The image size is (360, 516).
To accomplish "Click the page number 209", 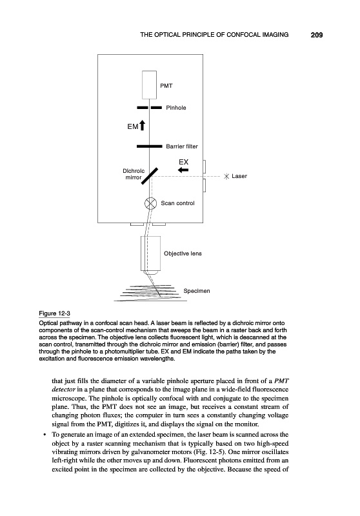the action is click(x=317, y=35).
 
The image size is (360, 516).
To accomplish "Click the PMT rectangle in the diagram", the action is click(x=150, y=85).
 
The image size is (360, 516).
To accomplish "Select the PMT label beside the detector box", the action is click(x=166, y=86).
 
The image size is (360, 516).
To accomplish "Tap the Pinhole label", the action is click(x=175, y=108).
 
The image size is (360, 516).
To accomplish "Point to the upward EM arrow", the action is click(x=142, y=125).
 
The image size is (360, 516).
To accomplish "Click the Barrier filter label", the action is click(x=182, y=146).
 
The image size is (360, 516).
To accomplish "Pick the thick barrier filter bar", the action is click(x=150, y=146).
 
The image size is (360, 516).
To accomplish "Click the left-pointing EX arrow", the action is click(x=183, y=170).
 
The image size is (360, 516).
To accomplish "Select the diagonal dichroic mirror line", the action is click(x=150, y=176).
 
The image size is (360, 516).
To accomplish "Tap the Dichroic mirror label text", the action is click(x=134, y=174).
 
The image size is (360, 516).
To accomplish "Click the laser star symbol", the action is click(x=226, y=176).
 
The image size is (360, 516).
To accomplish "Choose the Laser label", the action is click(x=239, y=176).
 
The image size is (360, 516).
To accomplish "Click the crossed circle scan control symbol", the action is click(x=151, y=203).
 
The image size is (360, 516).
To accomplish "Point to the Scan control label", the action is click(x=177, y=203).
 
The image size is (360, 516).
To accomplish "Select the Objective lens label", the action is click(x=183, y=253).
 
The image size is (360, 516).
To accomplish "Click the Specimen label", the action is click(x=197, y=291).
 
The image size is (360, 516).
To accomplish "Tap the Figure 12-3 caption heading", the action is click(x=55, y=313).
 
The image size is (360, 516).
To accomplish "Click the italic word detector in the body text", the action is click(x=64, y=390).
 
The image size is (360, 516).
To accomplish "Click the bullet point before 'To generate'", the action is click(x=44, y=435).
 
